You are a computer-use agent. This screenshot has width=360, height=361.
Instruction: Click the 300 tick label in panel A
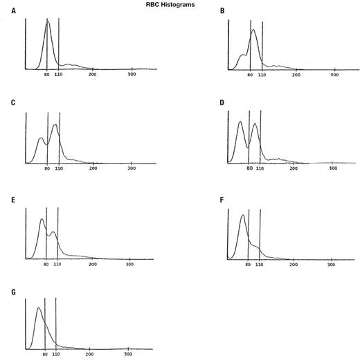tap(132, 74)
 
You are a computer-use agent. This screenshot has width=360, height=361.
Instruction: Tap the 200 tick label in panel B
tap(296, 74)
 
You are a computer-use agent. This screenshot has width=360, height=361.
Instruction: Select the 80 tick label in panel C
tap(47, 168)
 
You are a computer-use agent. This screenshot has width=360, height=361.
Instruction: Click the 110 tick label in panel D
tap(260, 168)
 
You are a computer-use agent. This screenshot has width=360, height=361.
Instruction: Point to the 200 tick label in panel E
tap(90, 264)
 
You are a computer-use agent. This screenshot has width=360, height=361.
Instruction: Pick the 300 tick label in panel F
tap(331, 264)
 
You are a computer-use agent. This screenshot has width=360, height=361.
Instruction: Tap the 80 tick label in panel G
tap(45, 354)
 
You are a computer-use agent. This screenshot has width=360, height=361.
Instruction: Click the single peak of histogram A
tap(48, 21)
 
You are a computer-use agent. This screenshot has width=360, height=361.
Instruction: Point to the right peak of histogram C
tap(55, 125)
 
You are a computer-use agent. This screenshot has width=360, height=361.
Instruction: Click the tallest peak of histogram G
tap(39, 308)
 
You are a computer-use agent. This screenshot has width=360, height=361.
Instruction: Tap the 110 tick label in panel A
tap(60, 74)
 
